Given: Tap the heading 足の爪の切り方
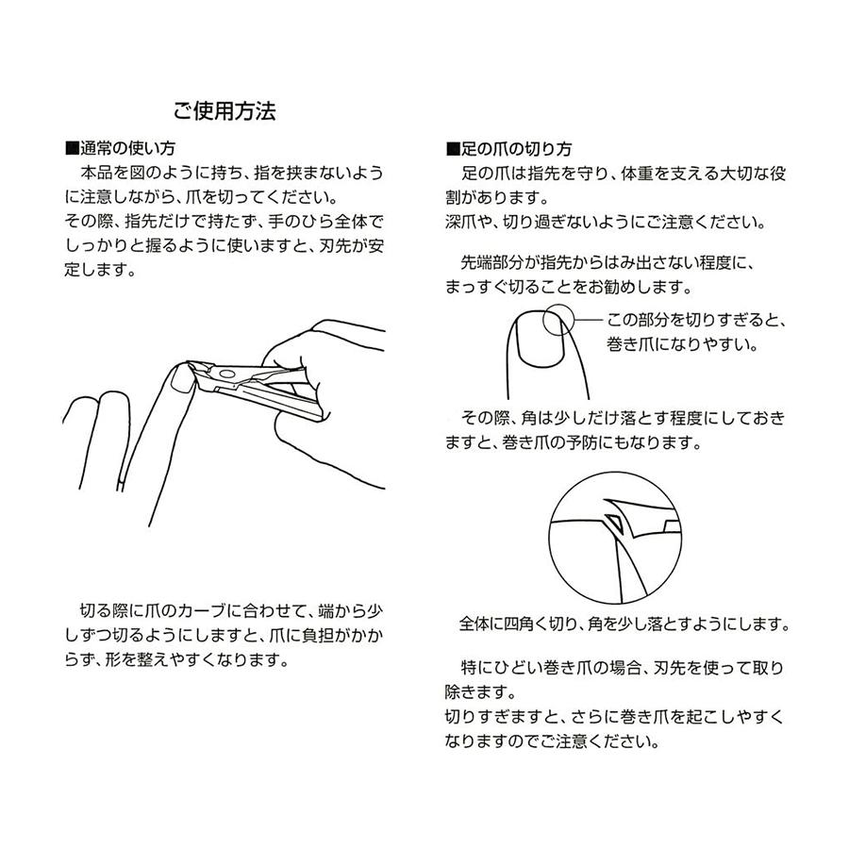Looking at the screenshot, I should tap(515, 149).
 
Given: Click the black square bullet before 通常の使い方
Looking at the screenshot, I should tap(70, 149).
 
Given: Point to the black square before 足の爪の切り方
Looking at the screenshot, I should tap(451, 149).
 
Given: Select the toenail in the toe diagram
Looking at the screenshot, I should tap(537, 336).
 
